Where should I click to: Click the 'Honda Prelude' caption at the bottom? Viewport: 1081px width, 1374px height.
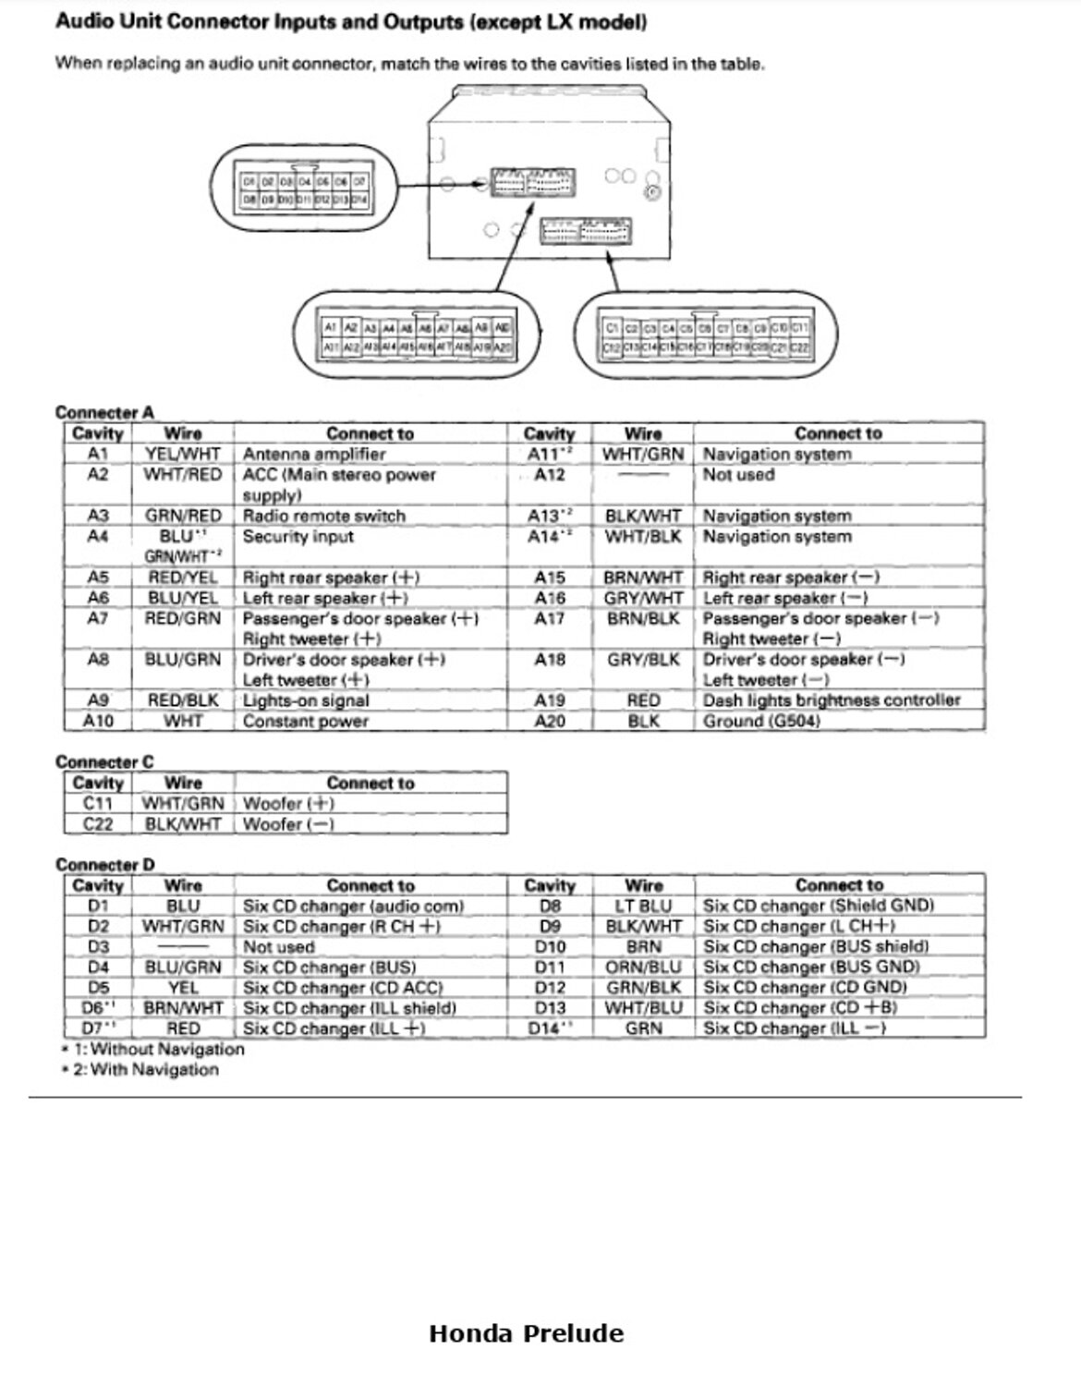coord(526,1333)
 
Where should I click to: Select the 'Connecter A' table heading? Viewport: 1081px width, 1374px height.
coord(104,412)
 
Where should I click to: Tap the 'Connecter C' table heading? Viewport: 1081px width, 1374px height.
coord(104,761)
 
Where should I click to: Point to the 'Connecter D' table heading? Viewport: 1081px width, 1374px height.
coord(104,864)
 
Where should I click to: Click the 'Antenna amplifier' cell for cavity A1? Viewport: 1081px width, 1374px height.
coord(314,454)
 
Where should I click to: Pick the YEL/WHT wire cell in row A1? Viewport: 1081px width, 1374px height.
coord(183,454)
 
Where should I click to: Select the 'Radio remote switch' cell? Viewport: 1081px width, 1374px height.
coord(323,516)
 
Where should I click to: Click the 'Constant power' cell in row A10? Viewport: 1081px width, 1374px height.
coord(305,721)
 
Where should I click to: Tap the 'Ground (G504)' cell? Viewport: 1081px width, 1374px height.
coord(761,721)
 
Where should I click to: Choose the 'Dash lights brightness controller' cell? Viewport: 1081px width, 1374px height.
coord(832,700)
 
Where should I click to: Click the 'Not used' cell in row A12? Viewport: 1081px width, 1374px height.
coord(738,475)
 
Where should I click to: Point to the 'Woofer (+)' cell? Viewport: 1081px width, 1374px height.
coord(288,803)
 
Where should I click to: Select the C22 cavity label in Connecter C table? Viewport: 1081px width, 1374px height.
coord(98,823)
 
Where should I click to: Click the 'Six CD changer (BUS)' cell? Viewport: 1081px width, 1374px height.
coord(329,967)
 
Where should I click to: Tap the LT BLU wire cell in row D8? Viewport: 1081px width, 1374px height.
coord(643,906)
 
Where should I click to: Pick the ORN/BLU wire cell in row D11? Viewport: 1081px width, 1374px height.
coord(644,967)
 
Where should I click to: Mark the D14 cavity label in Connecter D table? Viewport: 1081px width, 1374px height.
coord(549,1028)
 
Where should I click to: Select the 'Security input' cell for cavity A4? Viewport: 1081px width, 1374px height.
coord(298,537)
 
